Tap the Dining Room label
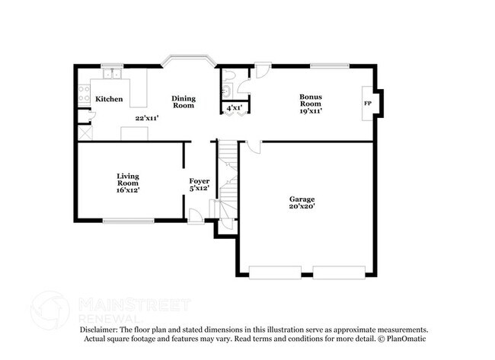coord(183,102)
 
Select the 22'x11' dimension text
coord(146,118)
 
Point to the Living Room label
coord(127,180)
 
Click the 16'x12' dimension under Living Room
coord(127,190)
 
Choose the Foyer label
coord(200,180)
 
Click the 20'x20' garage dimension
coord(302,205)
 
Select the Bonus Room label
coord(310,100)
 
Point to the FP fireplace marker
coord(367,104)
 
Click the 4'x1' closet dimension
coord(235,109)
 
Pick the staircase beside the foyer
coord(228,179)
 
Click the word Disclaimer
coord(100,330)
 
